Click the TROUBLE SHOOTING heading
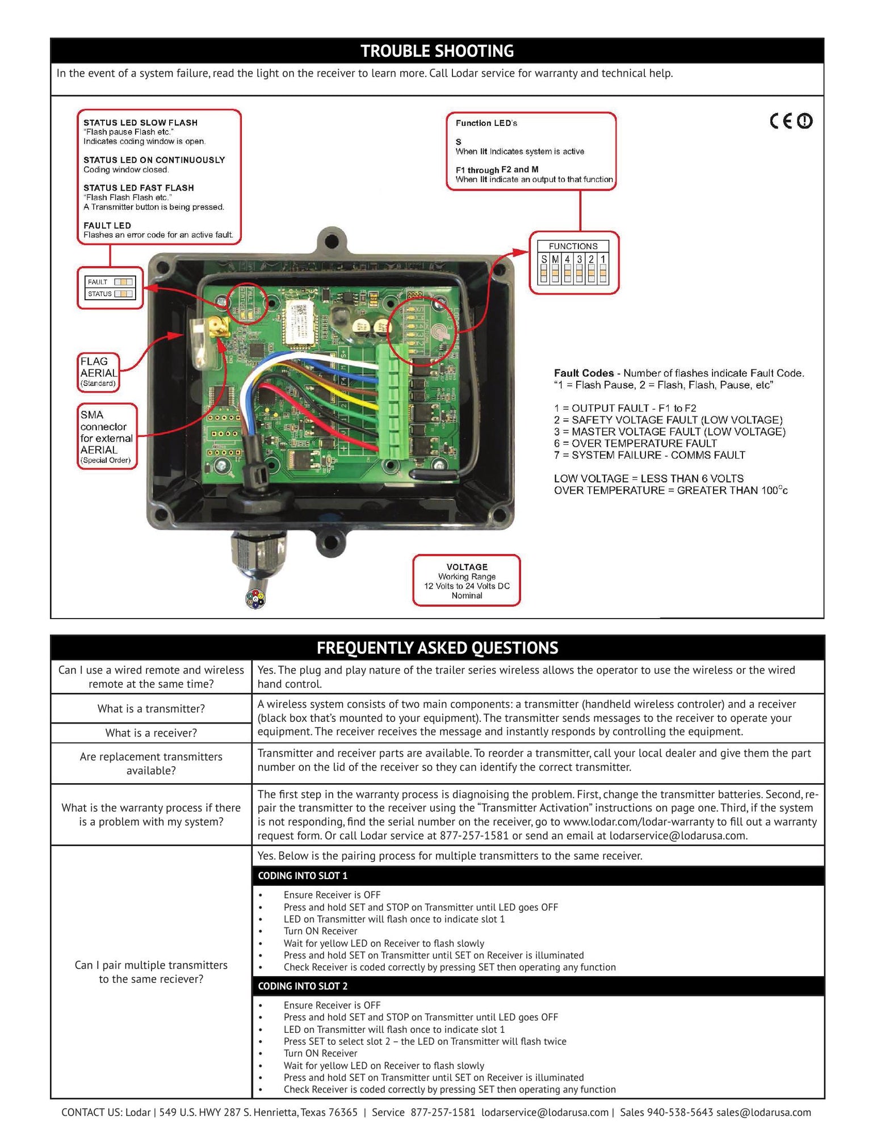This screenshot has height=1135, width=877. tap(437, 51)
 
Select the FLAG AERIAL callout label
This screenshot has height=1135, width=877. tap(99, 372)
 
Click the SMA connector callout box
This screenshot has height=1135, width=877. tap(107, 436)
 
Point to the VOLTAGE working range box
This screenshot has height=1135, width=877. tap(467, 581)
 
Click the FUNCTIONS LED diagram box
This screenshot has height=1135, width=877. tap(573, 263)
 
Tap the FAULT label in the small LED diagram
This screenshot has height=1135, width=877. tap(98, 282)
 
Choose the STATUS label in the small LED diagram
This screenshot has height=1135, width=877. tap(99, 294)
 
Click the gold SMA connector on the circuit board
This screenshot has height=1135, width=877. tap(217, 328)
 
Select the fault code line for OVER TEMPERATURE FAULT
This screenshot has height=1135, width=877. tap(635, 443)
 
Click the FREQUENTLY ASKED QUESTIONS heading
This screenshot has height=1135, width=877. tap(437, 648)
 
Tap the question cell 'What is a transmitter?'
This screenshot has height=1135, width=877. tap(151, 708)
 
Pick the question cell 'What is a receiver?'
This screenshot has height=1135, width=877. tap(151, 733)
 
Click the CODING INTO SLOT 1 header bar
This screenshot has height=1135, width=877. tap(538, 876)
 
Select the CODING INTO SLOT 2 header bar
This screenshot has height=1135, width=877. tap(538, 986)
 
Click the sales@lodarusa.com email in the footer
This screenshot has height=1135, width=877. tap(763, 1112)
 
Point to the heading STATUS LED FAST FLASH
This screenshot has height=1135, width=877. tap(139, 188)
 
